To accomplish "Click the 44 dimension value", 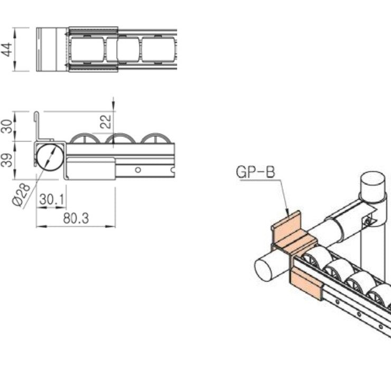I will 6,50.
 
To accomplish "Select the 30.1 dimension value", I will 52,200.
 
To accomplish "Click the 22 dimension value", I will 106,122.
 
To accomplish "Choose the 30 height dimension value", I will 6,126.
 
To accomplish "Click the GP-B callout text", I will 256,172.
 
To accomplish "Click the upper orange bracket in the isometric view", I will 290,232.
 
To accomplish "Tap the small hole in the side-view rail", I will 137,170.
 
